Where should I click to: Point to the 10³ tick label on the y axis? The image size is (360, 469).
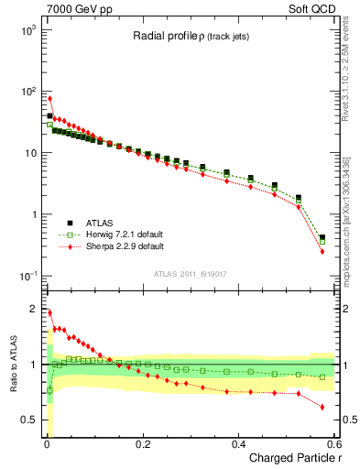27,30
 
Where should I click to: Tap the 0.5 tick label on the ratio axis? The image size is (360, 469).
28,420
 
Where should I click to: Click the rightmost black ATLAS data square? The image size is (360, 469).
322,237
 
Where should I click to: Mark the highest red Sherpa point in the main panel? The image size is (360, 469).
49,98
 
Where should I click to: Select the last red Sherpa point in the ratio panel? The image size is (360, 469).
322,407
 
